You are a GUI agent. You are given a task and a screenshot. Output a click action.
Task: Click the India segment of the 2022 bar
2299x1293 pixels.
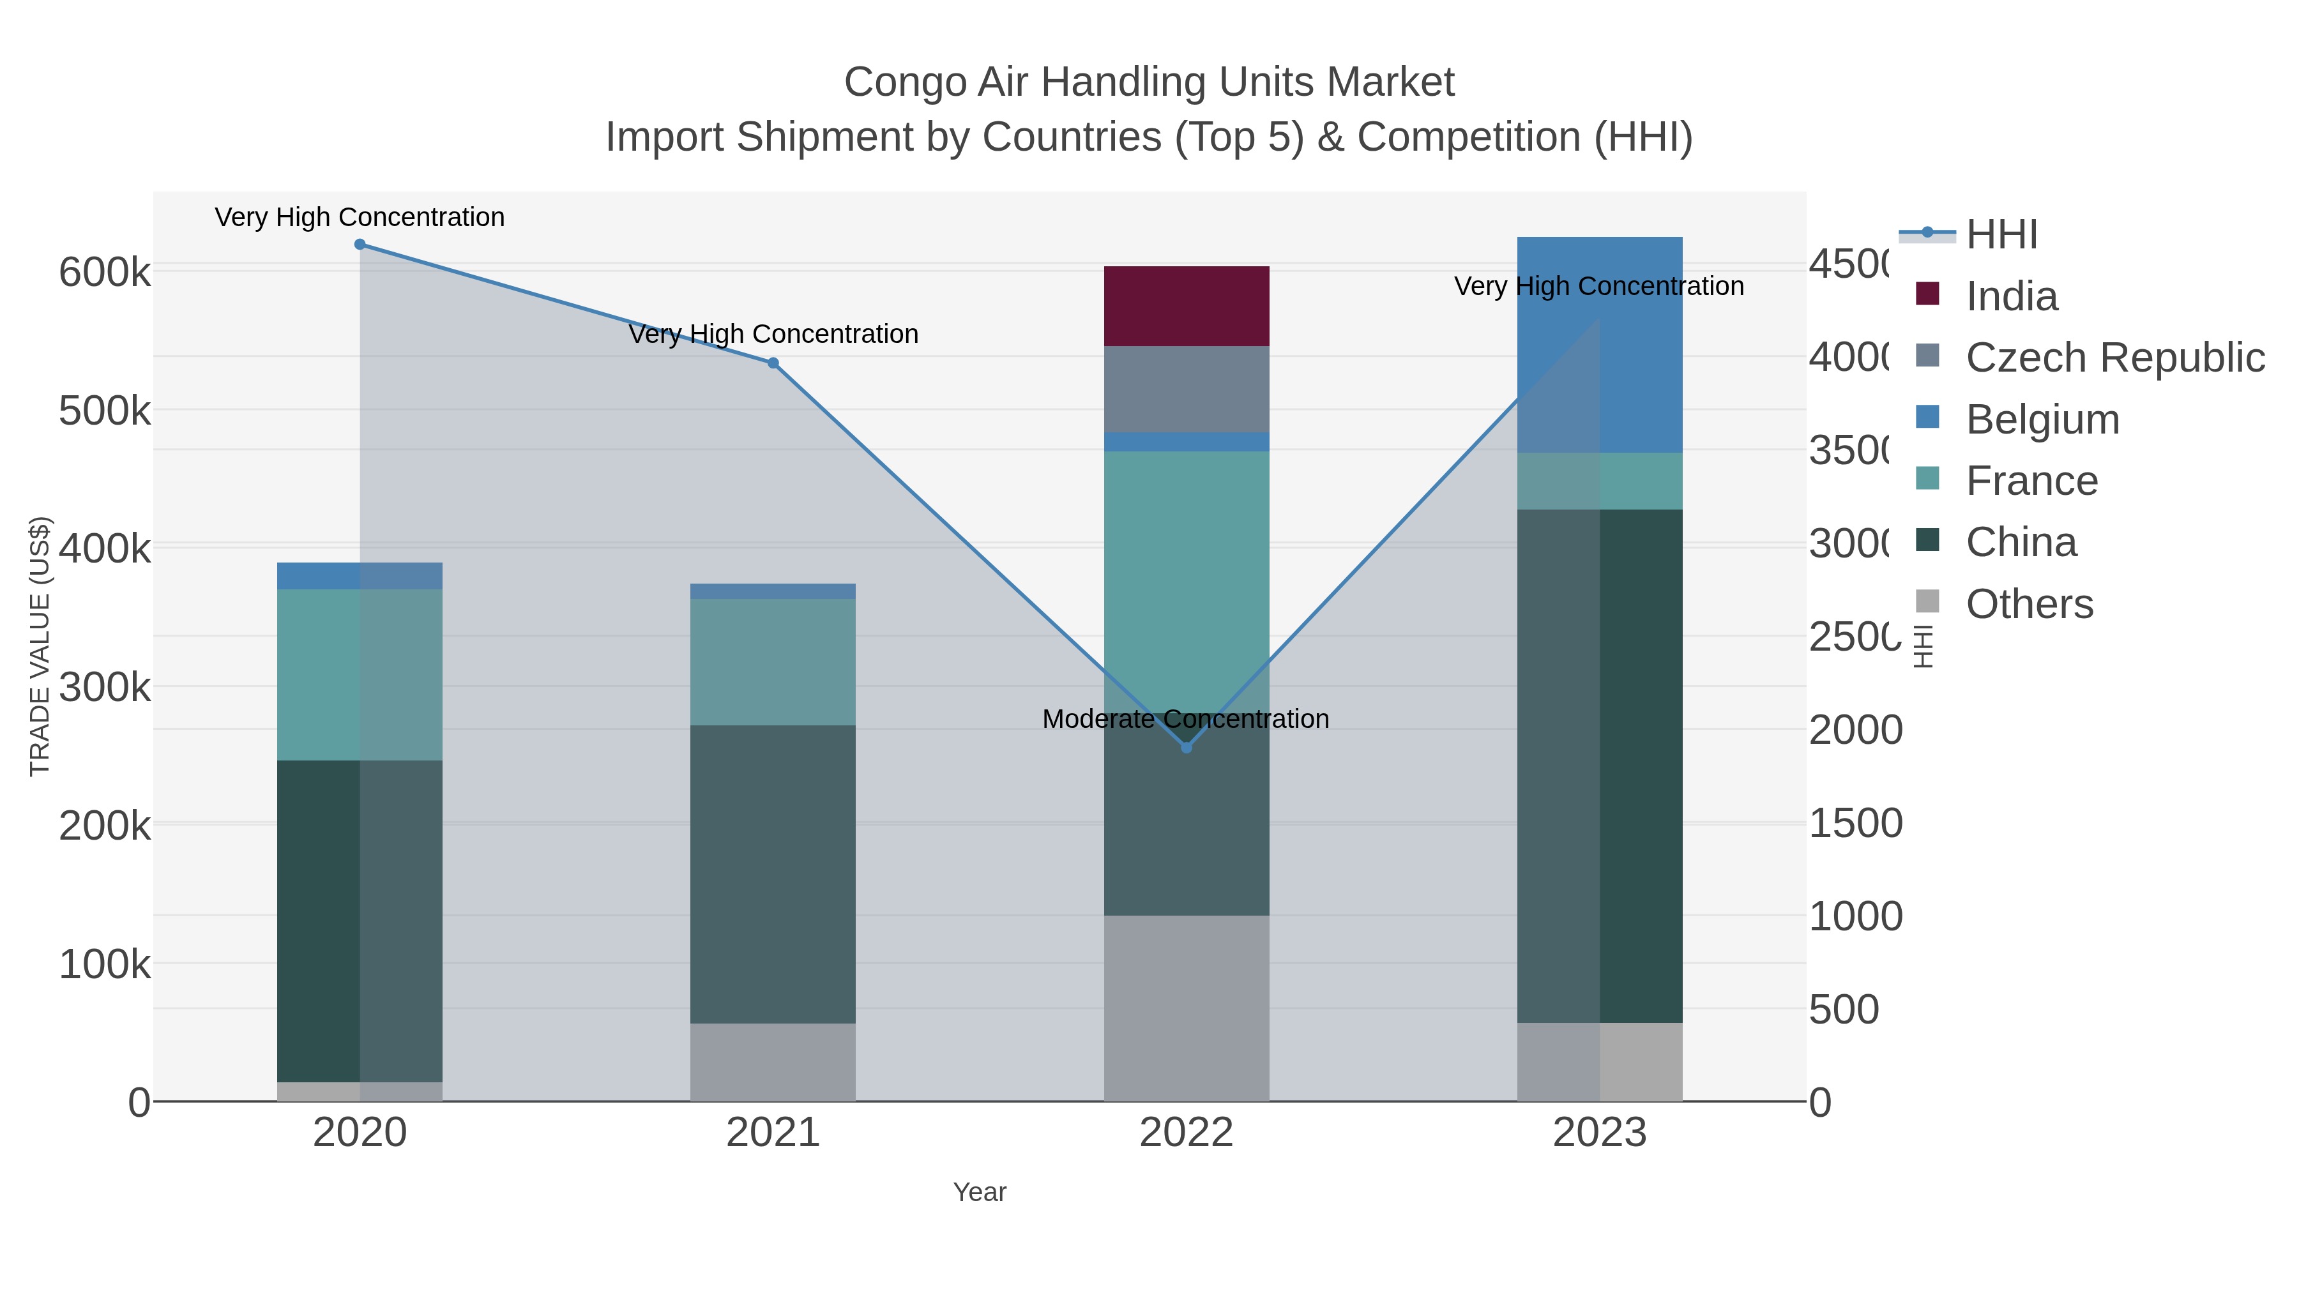(1186, 305)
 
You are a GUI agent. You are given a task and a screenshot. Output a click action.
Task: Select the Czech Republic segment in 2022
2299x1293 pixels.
(1186, 389)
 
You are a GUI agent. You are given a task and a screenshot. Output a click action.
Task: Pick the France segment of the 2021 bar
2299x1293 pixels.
(773, 662)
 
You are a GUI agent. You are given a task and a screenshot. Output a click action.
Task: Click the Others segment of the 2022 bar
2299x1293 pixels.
(1186, 1008)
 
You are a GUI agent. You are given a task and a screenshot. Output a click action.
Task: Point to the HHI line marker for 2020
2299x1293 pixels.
(360, 245)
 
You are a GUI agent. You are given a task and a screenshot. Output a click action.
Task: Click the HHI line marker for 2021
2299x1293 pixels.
(773, 363)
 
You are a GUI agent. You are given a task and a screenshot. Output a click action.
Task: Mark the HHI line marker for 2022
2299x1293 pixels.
(1186, 748)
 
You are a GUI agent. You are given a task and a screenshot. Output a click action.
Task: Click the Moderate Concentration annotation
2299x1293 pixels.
(1185, 719)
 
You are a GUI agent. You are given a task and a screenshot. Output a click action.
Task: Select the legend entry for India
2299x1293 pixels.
(2012, 296)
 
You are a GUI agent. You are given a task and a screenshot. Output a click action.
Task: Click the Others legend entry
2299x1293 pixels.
(2029, 604)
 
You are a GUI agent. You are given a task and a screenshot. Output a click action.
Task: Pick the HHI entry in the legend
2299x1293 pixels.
(2001, 235)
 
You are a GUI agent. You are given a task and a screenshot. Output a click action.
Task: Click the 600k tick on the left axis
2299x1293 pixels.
(105, 272)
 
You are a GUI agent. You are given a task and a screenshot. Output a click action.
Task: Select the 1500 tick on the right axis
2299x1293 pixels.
(1855, 823)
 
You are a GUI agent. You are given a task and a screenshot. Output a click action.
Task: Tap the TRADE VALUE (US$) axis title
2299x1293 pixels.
(40, 646)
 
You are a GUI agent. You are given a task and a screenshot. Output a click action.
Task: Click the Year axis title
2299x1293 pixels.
(979, 1192)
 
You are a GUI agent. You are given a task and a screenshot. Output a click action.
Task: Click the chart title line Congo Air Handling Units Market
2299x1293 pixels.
(1149, 82)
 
